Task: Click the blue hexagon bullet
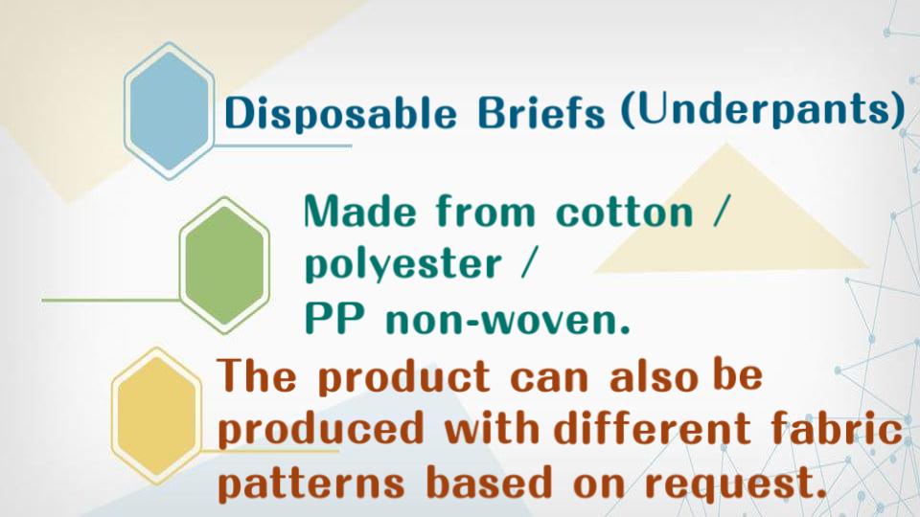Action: (x=169, y=111)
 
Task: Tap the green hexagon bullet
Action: (x=224, y=265)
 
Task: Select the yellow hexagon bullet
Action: (x=156, y=416)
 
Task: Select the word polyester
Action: (x=403, y=264)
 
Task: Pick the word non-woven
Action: (x=508, y=321)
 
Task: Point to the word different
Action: (x=653, y=427)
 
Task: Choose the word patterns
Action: (x=310, y=483)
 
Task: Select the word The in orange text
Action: (x=257, y=374)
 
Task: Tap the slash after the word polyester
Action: (x=526, y=262)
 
